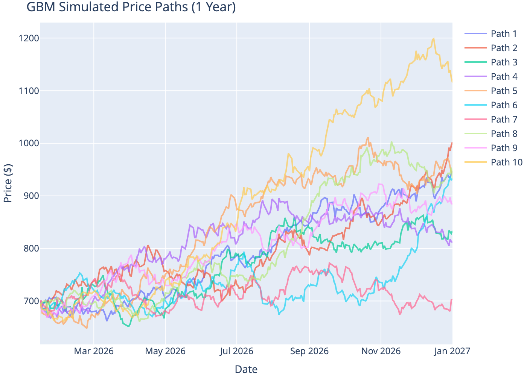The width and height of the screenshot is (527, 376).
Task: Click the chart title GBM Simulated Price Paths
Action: pos(131,7)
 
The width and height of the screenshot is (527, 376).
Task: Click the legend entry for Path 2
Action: pos(504,48)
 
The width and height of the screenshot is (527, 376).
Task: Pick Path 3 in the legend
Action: pos(504,62)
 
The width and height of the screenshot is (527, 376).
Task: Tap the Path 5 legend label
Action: pos(504,91)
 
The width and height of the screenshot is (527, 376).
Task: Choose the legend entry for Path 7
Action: pos(504,120)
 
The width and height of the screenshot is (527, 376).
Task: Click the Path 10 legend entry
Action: pos(506,162)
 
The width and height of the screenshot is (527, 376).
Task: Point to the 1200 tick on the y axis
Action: pos(29,38)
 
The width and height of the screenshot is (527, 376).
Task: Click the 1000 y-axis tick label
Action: pos(29,143)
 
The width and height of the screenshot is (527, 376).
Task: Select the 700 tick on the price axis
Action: pos(30,301)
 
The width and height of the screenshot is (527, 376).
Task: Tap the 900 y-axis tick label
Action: pos(30,196)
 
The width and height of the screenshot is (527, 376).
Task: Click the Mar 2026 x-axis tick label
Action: pos(94,351)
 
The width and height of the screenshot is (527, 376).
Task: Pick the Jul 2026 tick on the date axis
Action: pos(237,351)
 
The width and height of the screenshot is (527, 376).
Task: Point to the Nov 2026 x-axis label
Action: pos(381,351)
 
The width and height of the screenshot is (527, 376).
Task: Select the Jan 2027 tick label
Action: pos(452,351)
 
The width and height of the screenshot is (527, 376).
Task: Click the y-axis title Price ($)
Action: pos(8,183)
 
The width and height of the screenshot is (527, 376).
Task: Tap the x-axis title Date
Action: pos(246,369)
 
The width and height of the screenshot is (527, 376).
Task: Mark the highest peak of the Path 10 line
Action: pos(434,38)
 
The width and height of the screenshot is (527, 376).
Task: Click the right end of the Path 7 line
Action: pos(452,299)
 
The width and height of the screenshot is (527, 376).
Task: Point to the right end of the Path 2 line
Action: pos(452,143)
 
